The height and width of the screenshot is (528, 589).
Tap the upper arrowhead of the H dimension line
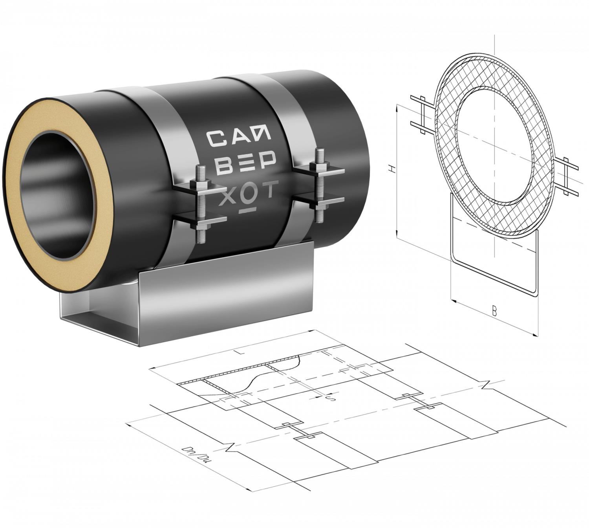pyautogui.click(x=397, y=106)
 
